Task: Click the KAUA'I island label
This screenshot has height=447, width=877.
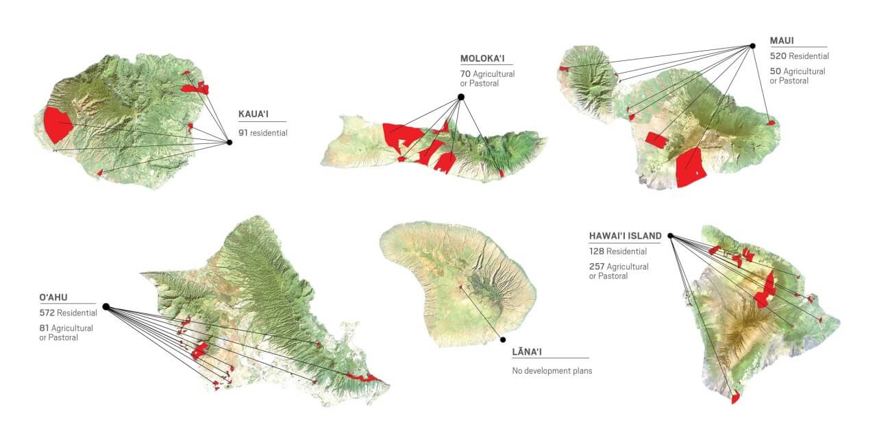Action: click(x=254, y=114)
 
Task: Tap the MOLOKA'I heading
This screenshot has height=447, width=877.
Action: click(x=486, y=59)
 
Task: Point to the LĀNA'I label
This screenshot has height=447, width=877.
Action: click(x=531, y=352)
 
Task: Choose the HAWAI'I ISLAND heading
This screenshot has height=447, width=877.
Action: click(x=625, y=236)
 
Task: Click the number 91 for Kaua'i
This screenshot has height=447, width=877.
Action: click(x=243, y=133)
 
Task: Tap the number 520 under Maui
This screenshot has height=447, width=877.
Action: click(x=778, y=56)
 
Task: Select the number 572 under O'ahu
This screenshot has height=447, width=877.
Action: click(x=48, y=313)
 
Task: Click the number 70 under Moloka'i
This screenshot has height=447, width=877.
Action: click(x=465, y=74)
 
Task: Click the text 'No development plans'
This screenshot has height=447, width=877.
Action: click(x=552, y=371)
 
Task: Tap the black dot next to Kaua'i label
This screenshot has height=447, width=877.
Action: click(x=229, y=143)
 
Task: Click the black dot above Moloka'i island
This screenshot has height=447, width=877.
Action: click(x=461, y=97)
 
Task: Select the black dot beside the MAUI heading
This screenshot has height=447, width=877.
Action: click(x=752, y=46)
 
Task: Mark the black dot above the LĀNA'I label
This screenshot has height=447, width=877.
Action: click(x=502, y=339)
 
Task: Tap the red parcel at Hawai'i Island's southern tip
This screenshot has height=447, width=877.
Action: click(x=735, y=397)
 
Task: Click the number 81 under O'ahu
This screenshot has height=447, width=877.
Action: click(x=44, y=328)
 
